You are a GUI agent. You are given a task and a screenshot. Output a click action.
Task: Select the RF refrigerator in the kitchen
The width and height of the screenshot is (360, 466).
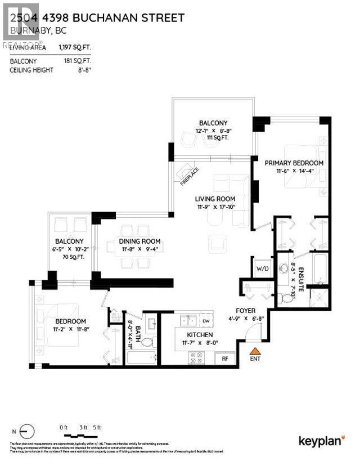pos(224,357)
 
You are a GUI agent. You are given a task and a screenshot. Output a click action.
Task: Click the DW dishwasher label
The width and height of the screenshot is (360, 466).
pos(206,321)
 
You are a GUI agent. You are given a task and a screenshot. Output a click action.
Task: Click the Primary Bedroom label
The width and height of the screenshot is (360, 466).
pos(294,163)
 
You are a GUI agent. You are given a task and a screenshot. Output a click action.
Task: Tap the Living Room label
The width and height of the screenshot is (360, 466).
pos(215,199)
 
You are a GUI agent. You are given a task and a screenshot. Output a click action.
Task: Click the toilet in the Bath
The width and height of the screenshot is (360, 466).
pos(147,341)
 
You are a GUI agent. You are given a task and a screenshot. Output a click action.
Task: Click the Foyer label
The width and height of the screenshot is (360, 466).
pos(246,310)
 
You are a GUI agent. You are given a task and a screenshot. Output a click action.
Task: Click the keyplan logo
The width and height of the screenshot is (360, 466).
pos(321,440)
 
